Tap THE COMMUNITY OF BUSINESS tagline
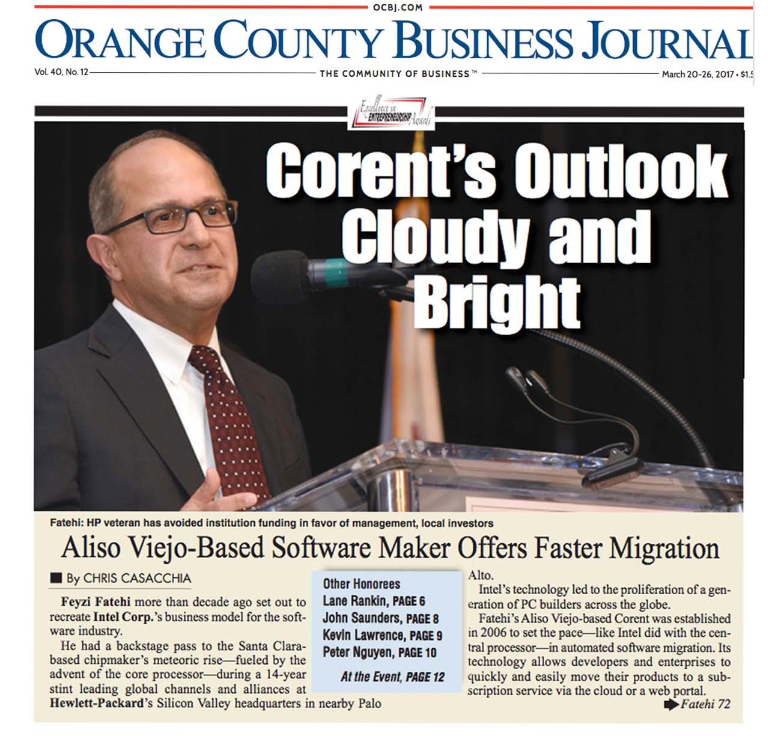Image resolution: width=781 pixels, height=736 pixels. [394, 74]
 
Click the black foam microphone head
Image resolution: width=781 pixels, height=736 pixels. [279, 278]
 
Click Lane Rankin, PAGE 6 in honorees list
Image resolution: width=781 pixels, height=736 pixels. [374, 601]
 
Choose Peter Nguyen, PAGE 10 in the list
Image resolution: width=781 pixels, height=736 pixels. [379, 652]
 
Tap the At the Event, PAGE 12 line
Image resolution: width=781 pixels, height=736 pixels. [392, 677]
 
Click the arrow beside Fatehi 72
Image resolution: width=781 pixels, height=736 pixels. [670, 704]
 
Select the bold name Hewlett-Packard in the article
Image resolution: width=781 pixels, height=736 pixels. [97, 703]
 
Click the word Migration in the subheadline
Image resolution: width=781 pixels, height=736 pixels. [664, 548]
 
